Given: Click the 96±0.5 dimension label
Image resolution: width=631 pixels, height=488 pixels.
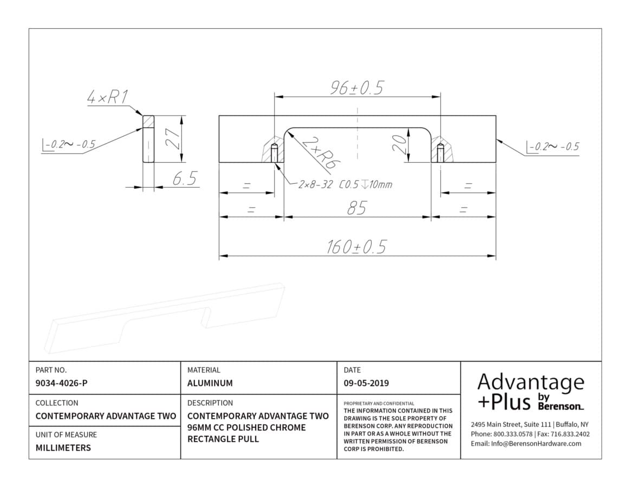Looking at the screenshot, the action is [357, 88].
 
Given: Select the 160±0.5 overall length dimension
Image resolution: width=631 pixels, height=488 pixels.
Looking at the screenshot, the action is [356, 247].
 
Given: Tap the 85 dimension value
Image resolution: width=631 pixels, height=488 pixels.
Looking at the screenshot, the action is [357, 208].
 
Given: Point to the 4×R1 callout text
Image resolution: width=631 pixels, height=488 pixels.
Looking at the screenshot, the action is [108, 97].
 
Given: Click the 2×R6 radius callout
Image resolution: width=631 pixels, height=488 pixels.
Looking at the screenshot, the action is [321, 153].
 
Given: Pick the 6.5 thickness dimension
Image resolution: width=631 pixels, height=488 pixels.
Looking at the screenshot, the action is [185, 178].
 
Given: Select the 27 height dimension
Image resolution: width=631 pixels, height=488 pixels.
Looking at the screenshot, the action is [174, 139].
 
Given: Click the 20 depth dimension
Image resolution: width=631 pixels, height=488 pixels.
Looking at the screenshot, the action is [400, 145].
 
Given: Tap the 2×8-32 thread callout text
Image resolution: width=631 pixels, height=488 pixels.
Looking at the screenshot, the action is [345, 184].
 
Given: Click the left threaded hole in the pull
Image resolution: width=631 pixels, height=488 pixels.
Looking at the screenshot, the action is [275, 153].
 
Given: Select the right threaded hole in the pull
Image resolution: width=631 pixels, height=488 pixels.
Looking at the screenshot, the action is [441, 153].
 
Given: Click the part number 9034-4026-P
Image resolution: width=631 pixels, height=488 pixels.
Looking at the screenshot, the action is [62, 383].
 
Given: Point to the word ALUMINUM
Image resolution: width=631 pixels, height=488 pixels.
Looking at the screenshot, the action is [210, 383].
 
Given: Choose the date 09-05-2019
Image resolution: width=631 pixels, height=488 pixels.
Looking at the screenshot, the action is [366, 383].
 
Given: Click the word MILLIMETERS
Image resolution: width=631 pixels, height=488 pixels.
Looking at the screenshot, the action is [63, 448].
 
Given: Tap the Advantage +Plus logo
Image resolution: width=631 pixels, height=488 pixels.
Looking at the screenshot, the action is [531, 391].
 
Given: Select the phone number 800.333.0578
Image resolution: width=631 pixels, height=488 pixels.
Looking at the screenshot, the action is [513, 434].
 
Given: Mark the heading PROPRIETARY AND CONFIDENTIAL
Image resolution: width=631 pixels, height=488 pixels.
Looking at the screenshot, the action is [379, 403].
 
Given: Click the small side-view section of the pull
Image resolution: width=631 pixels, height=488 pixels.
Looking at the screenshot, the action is [148, 139].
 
